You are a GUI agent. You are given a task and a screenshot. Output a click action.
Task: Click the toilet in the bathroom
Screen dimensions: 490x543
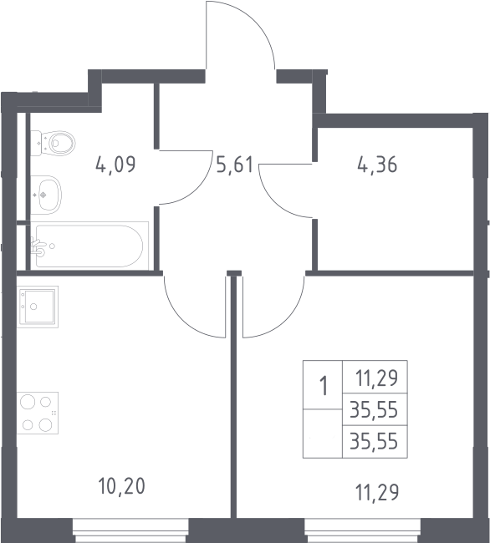tap(53, 143)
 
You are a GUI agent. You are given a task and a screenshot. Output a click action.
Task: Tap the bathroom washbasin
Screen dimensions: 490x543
tap(46, 195)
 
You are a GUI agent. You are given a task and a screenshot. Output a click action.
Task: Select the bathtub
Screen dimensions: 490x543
tap(89, 246)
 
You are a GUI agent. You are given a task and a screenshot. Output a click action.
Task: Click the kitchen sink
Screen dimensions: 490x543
tap(38, 307)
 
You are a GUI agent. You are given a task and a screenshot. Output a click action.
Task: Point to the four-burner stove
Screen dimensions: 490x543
tap(38, 413)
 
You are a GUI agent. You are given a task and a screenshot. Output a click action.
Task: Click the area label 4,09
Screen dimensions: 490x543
tap(115, 165)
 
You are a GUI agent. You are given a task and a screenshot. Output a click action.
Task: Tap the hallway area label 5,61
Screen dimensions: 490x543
tap(235, 164)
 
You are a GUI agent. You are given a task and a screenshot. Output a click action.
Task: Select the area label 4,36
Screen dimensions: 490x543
tap(377, 165)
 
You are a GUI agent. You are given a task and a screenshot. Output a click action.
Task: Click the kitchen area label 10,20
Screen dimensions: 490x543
tap(121, 486)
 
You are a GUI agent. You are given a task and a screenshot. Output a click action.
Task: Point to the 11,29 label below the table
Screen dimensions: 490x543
tap(377, 492)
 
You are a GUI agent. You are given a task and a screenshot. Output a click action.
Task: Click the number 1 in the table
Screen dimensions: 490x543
tap(324, 386)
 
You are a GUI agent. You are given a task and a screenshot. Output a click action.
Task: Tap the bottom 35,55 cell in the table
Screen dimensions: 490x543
tap(374, 442)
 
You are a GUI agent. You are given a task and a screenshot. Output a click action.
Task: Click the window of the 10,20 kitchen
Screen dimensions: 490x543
tap(130, 530)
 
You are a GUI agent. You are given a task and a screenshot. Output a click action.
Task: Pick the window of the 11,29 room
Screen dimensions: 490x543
tap(363, 530)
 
